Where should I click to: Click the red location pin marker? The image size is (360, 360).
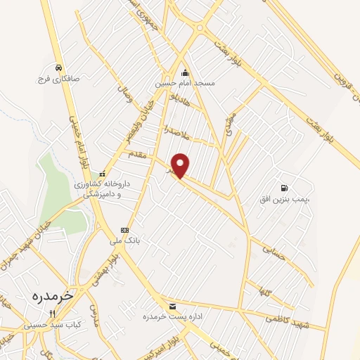(181, 165)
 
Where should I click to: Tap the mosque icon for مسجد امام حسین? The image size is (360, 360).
(185, 72)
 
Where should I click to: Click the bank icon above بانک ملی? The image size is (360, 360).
(124, 230)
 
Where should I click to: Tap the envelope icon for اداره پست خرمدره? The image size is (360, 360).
(173, 305)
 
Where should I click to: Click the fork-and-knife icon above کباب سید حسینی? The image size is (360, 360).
(51, 314)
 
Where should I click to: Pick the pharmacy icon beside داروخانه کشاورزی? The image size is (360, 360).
(103, 174)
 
